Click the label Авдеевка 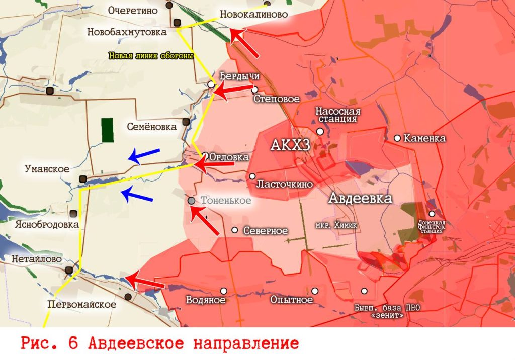360,198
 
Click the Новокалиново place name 253,14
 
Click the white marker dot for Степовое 255,89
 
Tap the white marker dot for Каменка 397,138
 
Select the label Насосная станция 337,115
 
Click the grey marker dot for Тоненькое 191,200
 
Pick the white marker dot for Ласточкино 252,176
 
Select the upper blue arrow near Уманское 144,156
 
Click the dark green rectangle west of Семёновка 107,130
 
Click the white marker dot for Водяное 223,291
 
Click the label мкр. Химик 336,225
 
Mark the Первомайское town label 81,304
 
